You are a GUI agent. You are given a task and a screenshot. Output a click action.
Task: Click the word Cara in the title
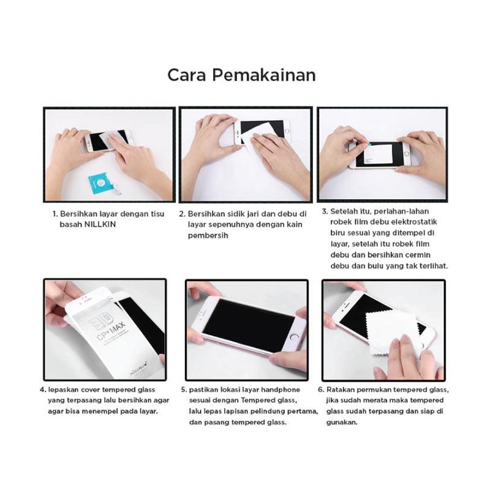[x=187, y=75]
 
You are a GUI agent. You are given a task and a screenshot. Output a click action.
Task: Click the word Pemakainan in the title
[x=264, y=75]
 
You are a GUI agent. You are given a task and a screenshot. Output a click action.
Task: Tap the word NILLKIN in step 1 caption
[x=100, y=224]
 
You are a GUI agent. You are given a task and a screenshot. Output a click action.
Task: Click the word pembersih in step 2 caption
[x=208, y=236]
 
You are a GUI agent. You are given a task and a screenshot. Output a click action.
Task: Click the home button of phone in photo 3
[x=407, y=154]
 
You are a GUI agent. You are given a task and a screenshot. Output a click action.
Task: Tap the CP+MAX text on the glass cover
[x=111, y=332]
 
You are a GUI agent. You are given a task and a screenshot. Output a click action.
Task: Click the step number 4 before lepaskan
[x=42, y=390]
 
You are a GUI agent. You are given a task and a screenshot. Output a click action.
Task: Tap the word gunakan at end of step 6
[x=342, y=423]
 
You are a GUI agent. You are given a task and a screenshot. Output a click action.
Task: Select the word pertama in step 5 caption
[x=303, y=411]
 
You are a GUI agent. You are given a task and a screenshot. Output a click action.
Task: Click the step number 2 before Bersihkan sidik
[x=182, y=214]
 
